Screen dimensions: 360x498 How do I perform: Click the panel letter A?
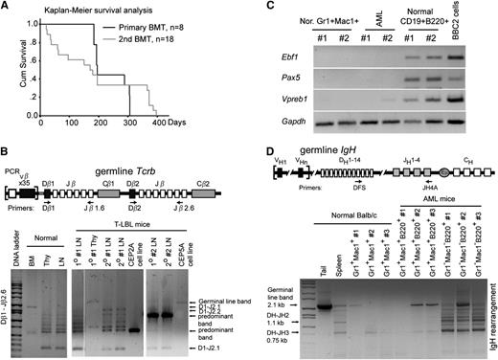pyautogui.click(x=8, y=7)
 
